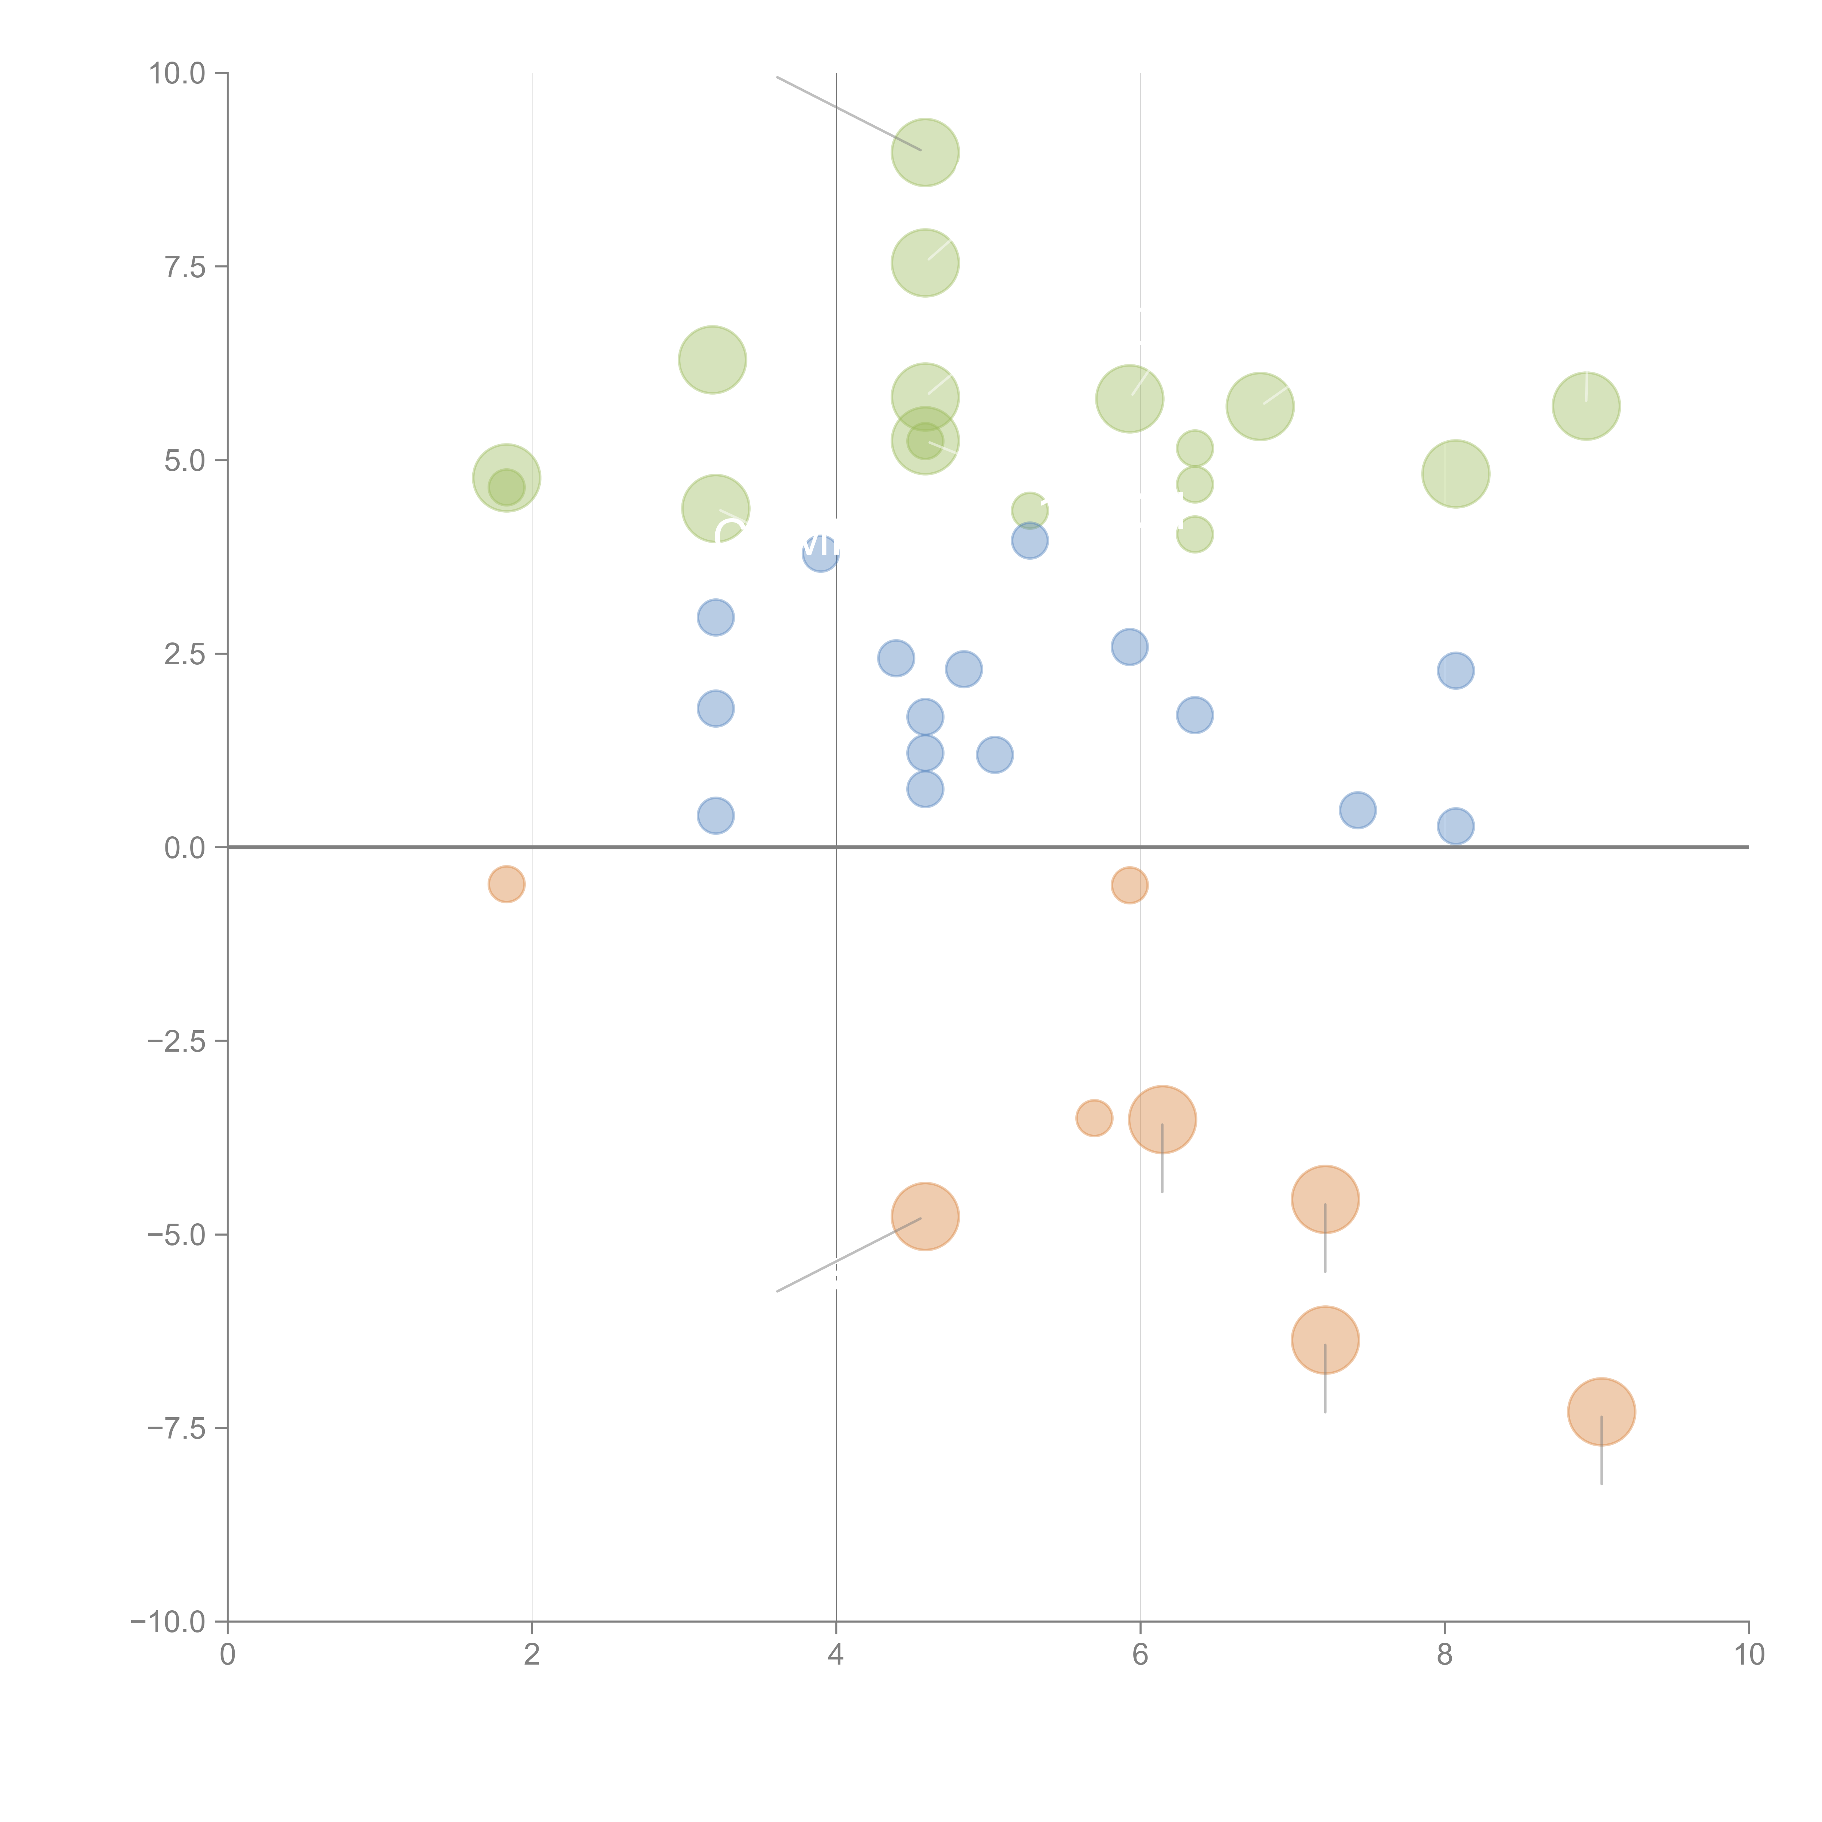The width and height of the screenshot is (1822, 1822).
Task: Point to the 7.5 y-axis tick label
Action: (x=185, y=267)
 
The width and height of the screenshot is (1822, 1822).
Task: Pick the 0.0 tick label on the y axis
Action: (x=185, y=848)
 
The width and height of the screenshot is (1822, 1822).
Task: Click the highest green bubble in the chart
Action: (x=925, y=152)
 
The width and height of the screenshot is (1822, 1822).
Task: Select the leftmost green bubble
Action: (x=507, y=478)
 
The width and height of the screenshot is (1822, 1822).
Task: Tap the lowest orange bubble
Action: (x=1601, y=1412)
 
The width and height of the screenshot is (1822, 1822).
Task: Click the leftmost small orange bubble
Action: (x=507, y=884)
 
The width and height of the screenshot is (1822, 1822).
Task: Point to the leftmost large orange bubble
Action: (x=925, y=1217)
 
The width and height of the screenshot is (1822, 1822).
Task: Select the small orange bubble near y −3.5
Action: (x=1094, y=1118)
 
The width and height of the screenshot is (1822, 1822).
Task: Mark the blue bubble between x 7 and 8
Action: (x=1358, y=810)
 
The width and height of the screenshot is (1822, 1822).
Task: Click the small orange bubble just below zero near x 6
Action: (x=1130, y=885)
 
